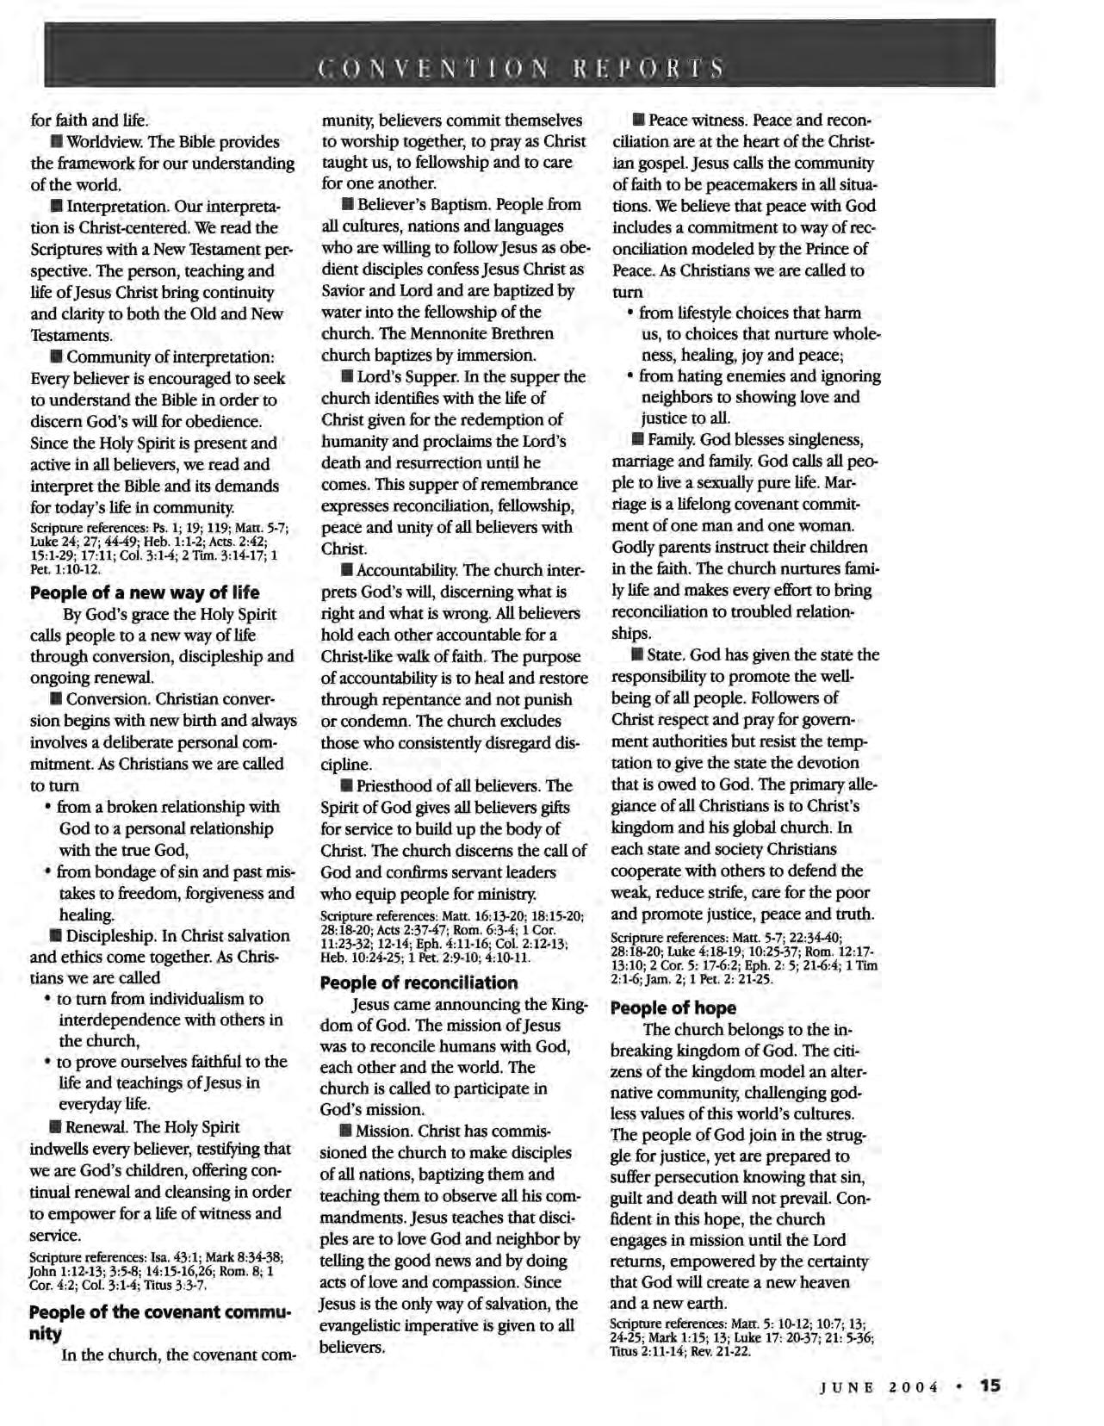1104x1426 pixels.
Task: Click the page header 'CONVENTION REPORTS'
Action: (x=519, y=67)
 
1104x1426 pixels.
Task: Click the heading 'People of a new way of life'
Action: (x=145, y=592)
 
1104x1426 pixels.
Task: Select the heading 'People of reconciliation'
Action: (x=419, y=983)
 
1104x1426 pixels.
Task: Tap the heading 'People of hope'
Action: (x=673, y=1008)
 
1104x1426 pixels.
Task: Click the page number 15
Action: (x=989, y=1385)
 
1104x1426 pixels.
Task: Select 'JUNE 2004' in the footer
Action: (x=878, y=1386)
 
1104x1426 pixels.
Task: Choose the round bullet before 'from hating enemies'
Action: (x=631, y=376)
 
